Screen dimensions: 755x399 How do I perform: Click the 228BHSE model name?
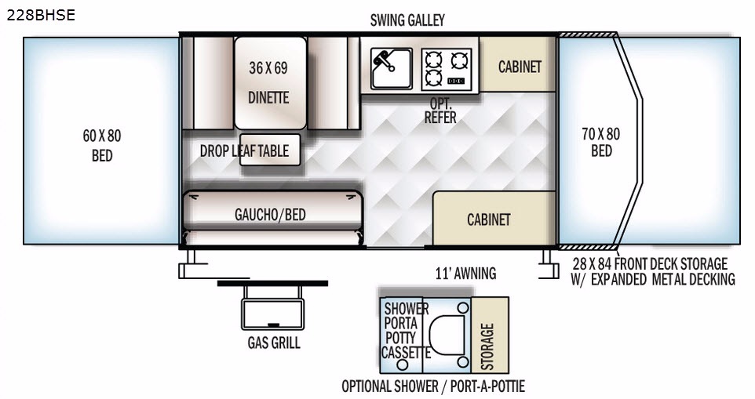pyautogui.click(x=41, y=15)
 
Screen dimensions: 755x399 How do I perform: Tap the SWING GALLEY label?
pyautogui.click(x=407, y=20)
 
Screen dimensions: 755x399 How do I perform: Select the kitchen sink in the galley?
pyautogui.click(x=392, y=68)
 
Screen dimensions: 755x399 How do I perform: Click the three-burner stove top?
pyautogui.click(x=447, y=69)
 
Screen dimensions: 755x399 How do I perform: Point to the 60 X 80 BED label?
pyautogui.click(x=102, y=146)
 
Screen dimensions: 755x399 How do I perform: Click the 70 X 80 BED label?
pyautogui.click(x=601, y=143)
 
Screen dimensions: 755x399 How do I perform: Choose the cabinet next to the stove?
pyautogui.click(x=518, y=64)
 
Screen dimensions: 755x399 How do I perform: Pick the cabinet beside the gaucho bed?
pyautogui.click(x=494, y=218)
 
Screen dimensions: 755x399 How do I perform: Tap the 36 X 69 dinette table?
pyautogui.click(x=270, y=82)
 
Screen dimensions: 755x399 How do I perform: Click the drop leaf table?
pyautogui.click(x=270, y=150)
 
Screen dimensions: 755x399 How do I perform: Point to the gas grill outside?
pyautogui.click(x=272, y=307)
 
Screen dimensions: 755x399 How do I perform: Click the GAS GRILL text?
pyautogui.click(x=274, y=343)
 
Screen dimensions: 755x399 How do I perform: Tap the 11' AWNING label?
pyautogui.click(x=465, y=274)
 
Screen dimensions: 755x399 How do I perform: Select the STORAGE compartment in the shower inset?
pyautogui.click(x=490, y=335)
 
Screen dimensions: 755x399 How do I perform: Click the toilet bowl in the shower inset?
pyautogui.click(x=447, y=335)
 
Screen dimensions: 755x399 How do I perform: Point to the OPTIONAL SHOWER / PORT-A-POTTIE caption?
pyautogui.click(x=433, y=386)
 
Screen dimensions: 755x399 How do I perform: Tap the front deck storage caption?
pyautogui.click(x=654, y=271)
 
